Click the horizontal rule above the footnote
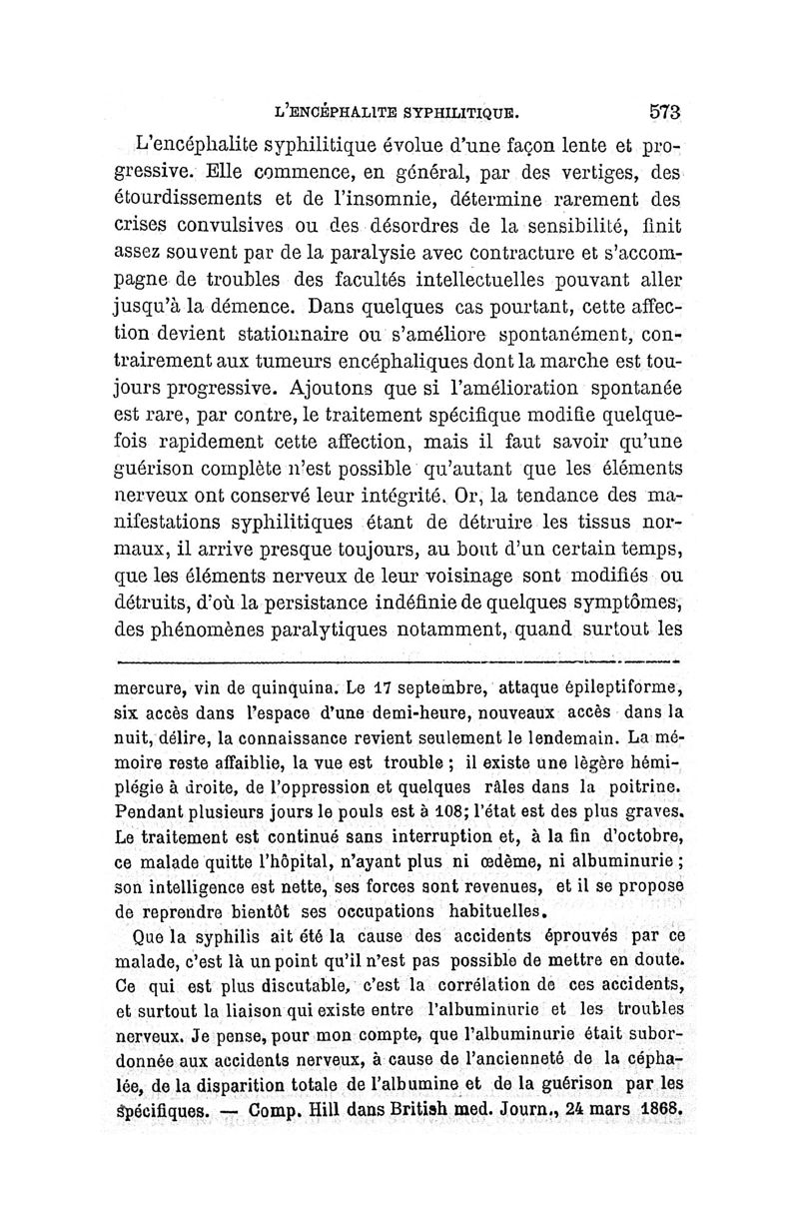pos(399,660)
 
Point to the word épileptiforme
pos(612,686)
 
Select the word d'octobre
pos(636,834)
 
